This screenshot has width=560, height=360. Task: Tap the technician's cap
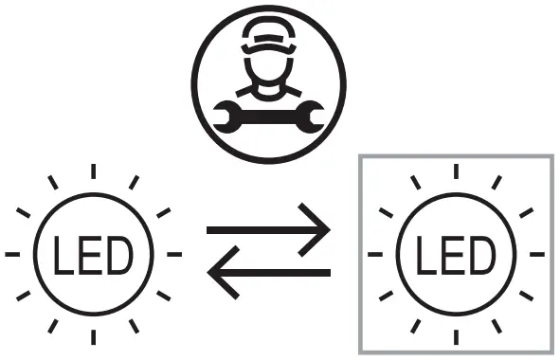click(270, 36)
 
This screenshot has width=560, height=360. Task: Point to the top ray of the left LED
click(92, 171)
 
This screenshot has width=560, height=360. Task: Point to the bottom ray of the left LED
click(92, 336)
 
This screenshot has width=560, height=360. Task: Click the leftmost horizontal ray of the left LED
click(12, 255)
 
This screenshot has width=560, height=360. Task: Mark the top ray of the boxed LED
click(456, 171)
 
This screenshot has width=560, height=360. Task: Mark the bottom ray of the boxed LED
click(456, 336)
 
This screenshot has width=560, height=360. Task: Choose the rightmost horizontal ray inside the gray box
click(536, 255)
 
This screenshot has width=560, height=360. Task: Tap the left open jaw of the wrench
click(224, 116)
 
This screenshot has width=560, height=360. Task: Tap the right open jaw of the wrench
click(316, 116)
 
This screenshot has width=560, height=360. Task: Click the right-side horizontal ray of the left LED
click(173, 255)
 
